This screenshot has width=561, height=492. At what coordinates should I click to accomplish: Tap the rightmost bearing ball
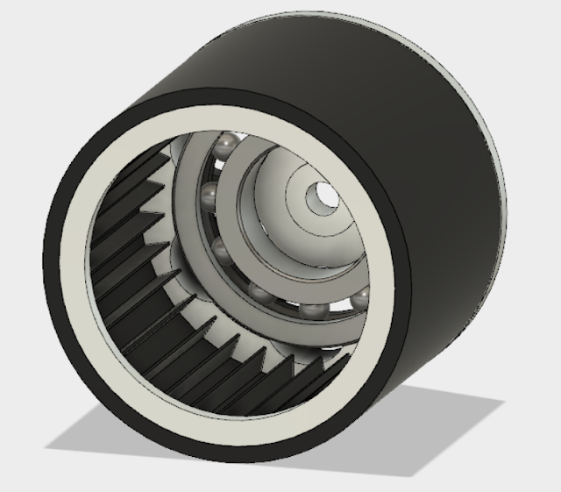(x=359, y=300)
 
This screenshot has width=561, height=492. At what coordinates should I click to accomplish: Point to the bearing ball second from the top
(x=208, y=192)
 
